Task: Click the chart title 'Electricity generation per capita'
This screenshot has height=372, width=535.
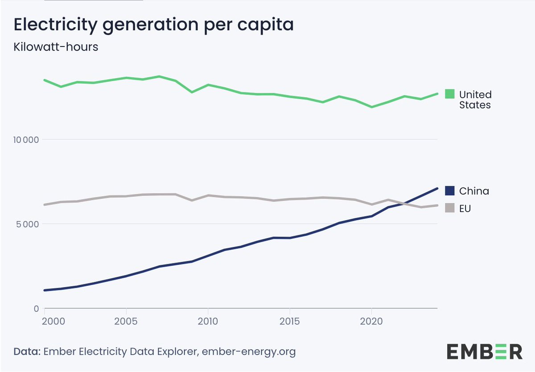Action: (154, 25)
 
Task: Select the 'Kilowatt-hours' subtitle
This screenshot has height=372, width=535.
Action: (56, 47)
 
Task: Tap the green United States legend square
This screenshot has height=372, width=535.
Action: (450, 94)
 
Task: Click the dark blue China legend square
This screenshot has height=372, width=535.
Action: (450, 191)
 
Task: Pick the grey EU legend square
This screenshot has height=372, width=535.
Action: (450, 208)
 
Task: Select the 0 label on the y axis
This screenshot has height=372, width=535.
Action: (37, 309)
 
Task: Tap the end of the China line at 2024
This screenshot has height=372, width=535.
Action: (437, 188)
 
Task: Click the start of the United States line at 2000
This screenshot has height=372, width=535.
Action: (45, 80)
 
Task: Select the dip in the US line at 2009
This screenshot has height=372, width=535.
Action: (192, 92)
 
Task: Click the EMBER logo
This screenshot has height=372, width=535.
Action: (485, 351)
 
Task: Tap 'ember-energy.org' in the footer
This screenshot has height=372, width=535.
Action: (248, 352)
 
